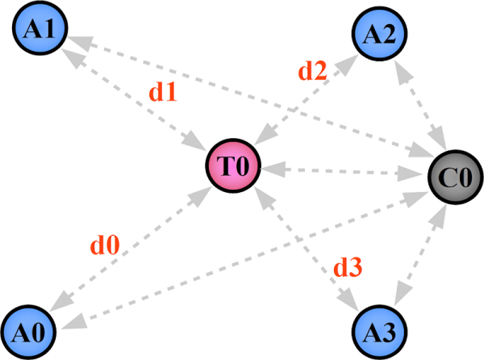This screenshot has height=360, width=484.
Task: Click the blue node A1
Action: (40, 30)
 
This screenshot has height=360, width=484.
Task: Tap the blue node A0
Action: (31, 329)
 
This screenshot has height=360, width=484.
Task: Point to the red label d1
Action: (162, 92)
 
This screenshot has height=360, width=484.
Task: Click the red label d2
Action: (312, 72)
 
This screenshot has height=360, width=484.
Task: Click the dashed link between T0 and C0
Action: (344, 171)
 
